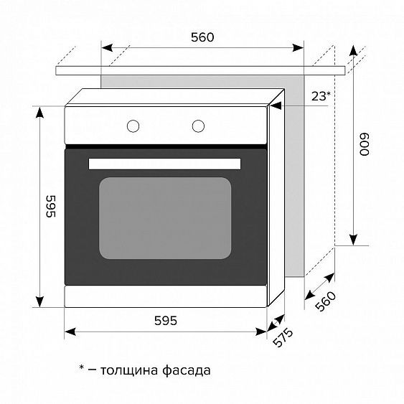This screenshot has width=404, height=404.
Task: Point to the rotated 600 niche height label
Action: (x=365, y=147)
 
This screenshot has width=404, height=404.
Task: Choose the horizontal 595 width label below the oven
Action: (x=165, y=321)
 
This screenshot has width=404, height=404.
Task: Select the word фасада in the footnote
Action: (x=189, y=371)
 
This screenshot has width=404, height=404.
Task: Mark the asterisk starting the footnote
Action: (x=83, y=368)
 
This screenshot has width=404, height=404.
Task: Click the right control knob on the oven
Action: (x=198, y=126)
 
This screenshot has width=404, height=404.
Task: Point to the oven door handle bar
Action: (x=165, y=164)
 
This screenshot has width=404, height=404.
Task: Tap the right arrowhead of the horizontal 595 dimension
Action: (x=263, y=331)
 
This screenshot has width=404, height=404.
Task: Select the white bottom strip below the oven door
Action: (x=165, y=297)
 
